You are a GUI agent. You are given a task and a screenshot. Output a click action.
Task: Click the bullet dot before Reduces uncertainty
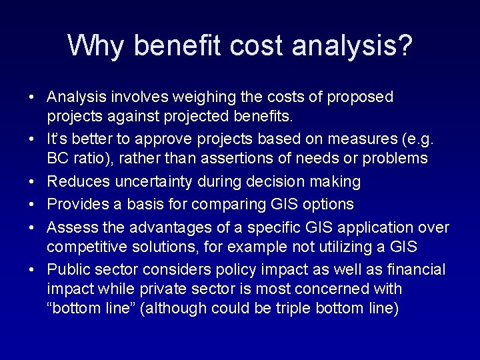pos(31,182)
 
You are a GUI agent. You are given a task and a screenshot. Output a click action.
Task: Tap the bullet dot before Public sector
pos(31,270)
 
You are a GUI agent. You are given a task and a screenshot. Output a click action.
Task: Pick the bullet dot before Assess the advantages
pos(31,228)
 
